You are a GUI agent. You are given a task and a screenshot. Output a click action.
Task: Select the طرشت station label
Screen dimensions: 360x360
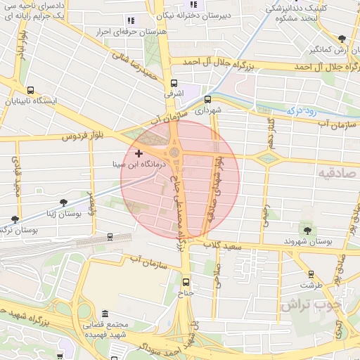[x=310, y=285]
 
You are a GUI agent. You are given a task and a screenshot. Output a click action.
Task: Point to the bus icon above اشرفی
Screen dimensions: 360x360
[x=173, y=82]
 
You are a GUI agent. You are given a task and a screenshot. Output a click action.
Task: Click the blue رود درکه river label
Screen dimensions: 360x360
[x=301, y=110]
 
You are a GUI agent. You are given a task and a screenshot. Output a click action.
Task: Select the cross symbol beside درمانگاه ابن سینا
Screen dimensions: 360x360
[x=139, y=153]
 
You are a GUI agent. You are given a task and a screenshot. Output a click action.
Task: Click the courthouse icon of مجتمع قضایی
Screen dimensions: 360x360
[x=105, y=313]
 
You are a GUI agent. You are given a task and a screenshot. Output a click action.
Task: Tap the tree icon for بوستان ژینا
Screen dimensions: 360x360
[x=63, y=203]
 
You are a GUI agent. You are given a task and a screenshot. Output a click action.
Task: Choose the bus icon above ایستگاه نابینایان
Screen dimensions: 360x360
[x=30, y=91]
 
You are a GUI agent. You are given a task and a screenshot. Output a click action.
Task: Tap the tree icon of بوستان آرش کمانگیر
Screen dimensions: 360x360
[x=342, y=39]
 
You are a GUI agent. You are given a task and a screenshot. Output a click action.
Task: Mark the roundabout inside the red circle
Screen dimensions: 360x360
[x=174, y=152]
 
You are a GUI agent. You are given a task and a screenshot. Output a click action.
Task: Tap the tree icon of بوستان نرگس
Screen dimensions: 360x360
[x=15, y=220]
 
